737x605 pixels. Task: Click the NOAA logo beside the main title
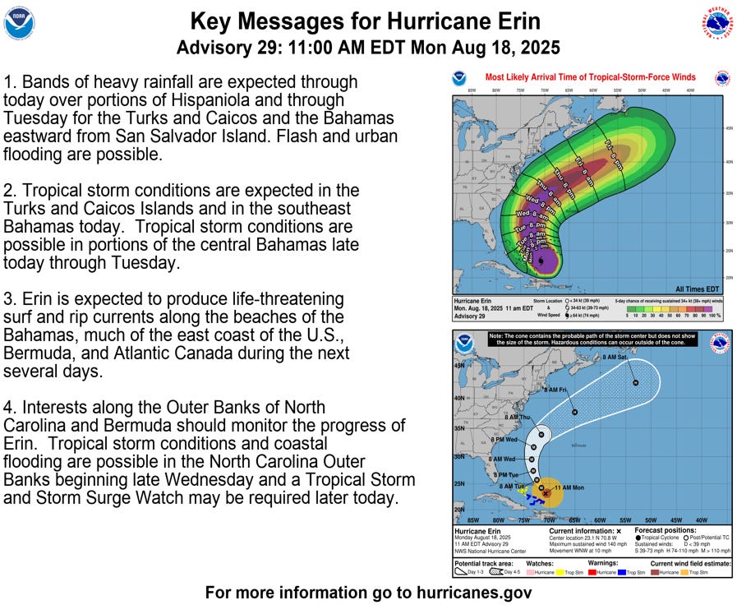coord(20,23)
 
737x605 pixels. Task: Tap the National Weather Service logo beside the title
coord(717,22)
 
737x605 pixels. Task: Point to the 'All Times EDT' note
coord(697,289)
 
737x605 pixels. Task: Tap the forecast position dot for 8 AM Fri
coord(574,412)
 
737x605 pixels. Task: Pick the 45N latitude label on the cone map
coord(459,365)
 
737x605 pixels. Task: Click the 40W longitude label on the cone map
coord(701,520)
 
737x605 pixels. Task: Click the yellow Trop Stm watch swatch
coord(563,571)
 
